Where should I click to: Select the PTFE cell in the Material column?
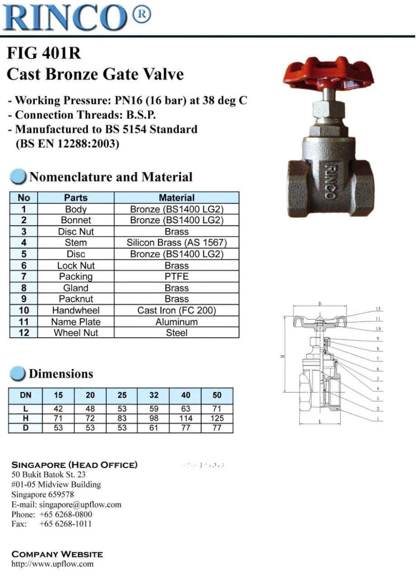point(176,276)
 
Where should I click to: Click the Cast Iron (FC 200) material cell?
point(176,310)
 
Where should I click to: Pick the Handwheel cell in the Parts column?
point(76,310)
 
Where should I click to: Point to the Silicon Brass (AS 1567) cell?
point(176,242)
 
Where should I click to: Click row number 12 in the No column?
point(24,333)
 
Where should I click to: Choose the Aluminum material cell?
point(176,322)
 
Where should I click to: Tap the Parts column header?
point(76,198)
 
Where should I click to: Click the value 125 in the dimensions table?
point(217,418)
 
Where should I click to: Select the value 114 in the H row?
point(185,418)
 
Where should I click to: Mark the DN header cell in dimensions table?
point(26,395)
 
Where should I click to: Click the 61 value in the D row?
point(154,428)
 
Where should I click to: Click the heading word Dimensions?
point(61,374)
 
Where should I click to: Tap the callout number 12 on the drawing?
point(378,309)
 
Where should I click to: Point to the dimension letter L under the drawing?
point(320,422)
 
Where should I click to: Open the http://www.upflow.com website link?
point(52,564)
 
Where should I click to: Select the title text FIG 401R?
point(44,54)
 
